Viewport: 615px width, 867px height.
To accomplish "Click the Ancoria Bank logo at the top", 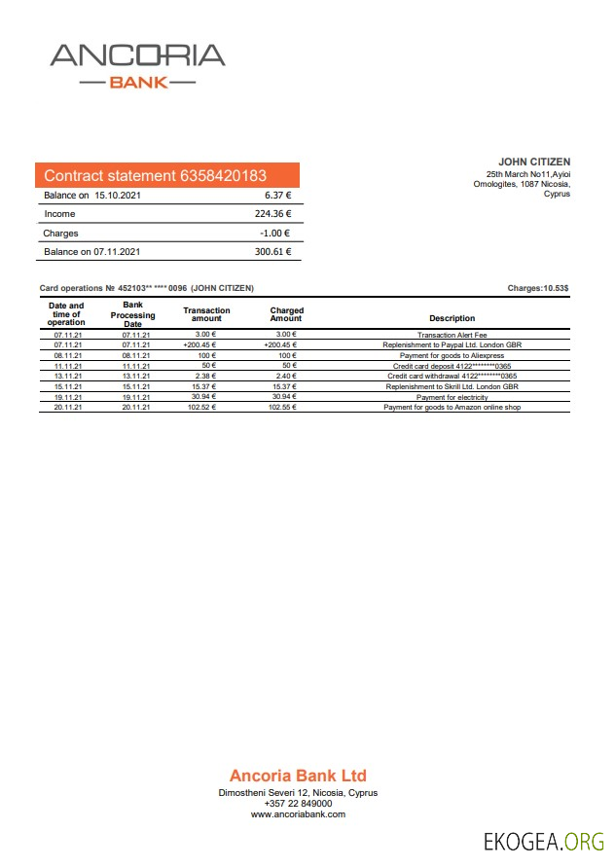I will click(x=137, y=65).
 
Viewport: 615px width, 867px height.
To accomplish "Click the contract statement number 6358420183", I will click(x=223, y=176).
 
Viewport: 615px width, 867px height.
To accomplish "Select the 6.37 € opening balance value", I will click(x=277, y=195).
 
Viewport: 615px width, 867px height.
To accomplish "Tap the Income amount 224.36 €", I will click(x=272, y=214).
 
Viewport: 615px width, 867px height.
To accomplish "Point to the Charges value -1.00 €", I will click(x=275, y=234).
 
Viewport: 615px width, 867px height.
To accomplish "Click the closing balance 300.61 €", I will click(x=272, y=252).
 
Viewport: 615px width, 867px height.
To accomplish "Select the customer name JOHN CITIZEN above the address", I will click(x=534, y=162).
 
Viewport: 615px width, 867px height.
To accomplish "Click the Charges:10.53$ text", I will click(x=538, y=288).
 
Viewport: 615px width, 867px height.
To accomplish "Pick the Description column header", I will click(x=452, y=318).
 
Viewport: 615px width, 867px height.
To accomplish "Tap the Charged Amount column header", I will click(x=286, y=314).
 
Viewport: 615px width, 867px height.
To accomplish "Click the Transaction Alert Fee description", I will click(x=452, y=335).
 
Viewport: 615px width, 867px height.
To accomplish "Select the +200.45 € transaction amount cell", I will click(x=199, y=344).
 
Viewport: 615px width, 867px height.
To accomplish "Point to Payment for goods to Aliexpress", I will click(x=452, y=355).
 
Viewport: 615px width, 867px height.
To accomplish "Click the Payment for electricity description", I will click(x=452, y=397).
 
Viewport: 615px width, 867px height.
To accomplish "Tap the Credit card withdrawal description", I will click(x=452, y=376).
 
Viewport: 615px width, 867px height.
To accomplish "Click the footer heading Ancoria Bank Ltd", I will click(x=298, y=776).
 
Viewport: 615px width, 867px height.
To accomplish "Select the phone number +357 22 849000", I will click(x=298, y=804).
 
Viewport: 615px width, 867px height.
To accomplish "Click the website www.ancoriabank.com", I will click(x=298, y=814).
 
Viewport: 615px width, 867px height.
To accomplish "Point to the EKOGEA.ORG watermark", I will click(x=544, y=842).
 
